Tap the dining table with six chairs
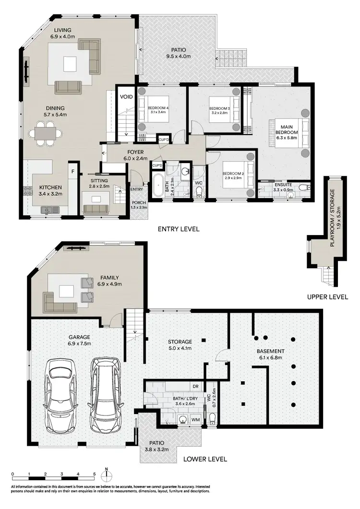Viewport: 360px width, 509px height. click(46, 133)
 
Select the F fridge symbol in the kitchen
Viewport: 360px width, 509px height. click(73, 171)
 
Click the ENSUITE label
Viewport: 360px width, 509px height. click(283, 184)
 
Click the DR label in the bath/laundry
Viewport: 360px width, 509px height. click(195, 385)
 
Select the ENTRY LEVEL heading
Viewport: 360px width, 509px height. click(179, 229)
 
